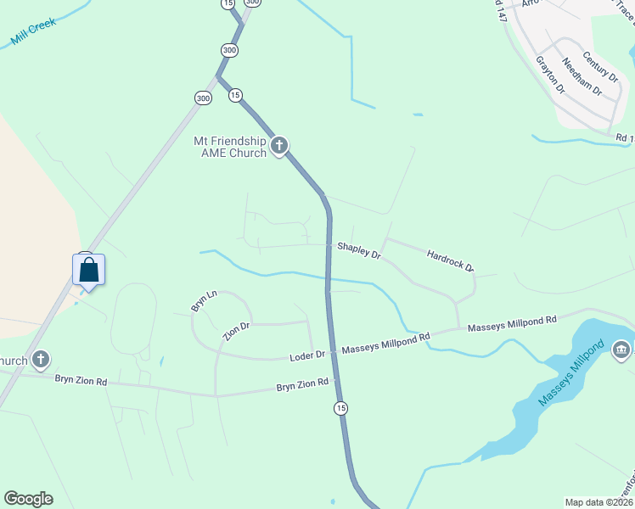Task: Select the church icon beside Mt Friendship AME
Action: click(x=279, y=147)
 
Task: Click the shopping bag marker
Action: click(x=89, y=271)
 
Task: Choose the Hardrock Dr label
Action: click(x=450, y=260)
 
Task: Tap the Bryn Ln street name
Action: click(x=204, y=301)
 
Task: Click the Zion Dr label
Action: click(x=236, y=331)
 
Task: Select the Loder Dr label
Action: click(x=308, y=355)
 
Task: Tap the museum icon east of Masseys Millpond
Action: click(x=621, y=350)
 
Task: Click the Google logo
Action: click(x=28, y=499)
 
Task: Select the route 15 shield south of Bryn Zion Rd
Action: click(x=340, y=408)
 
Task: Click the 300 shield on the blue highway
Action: click(x=229, y=50)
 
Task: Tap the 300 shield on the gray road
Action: click(x=203, y=98)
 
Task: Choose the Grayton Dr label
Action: click(x=549, y=75)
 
